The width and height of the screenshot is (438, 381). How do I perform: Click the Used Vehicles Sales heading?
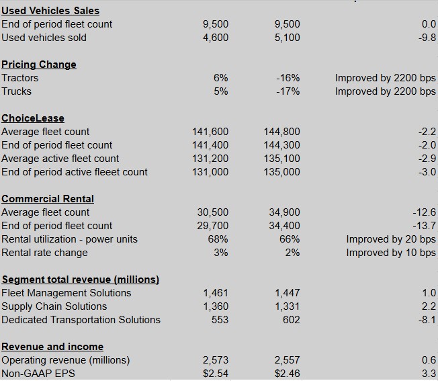[x=50, y=11]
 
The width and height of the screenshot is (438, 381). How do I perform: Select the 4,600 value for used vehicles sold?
[x=216, y=38]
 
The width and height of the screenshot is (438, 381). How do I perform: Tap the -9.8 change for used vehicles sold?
[x=427, y=38]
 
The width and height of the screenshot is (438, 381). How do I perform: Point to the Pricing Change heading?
[x=39, y=65]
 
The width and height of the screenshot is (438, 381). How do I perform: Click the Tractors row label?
[x=20, y=78]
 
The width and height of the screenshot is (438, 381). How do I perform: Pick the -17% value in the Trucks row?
[x=288, y=91]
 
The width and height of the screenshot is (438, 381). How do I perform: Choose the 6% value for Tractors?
[x=221, y=78]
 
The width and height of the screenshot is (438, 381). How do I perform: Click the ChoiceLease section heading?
[x=33, y=118]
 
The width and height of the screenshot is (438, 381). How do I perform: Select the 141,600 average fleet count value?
[x=210, y=132]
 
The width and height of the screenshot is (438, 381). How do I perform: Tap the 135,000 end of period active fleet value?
[x=282, y=172]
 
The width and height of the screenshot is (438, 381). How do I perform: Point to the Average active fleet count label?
[x=60, y=159]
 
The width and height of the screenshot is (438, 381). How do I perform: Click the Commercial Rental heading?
[x=48, y=199]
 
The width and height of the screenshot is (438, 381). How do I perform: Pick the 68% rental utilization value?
[x=218, y=239]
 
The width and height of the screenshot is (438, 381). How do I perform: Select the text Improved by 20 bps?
[x=391, y=239]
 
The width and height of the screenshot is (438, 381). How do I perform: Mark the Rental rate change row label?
[x=44, y=253]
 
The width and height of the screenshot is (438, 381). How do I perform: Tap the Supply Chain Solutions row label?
[x=54, y=306]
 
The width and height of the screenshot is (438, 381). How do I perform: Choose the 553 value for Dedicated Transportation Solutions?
[x=220, y=320]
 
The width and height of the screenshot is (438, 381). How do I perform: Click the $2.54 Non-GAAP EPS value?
[x=216, y=374]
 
